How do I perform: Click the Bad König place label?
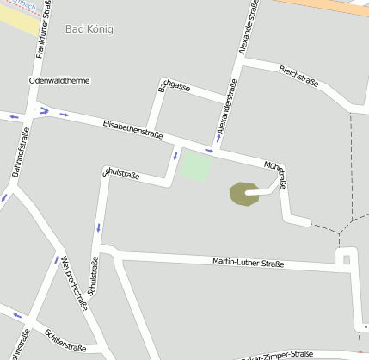[89, 29]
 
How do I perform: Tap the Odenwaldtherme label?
[59, 80]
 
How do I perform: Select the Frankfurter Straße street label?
[43, 32]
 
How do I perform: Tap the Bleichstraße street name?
[299, 76]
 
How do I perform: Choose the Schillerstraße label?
[66, 338]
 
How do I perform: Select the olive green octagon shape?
[244, 194]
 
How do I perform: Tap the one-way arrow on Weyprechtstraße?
[57, 259]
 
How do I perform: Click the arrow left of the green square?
[175, 156]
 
